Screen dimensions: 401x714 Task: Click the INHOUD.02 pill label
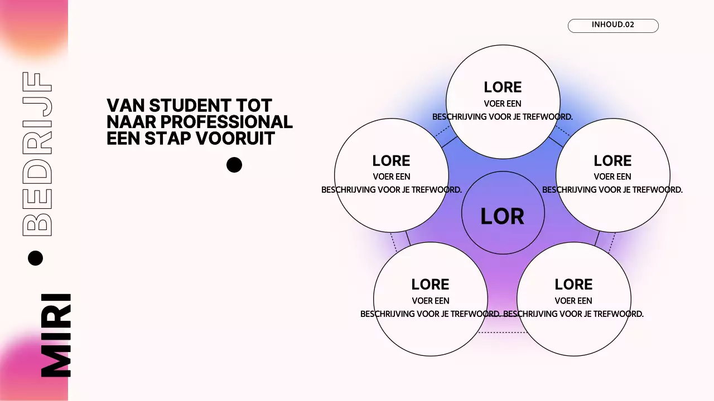613,25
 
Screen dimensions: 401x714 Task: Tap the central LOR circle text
502,216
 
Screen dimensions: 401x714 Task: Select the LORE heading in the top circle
503,87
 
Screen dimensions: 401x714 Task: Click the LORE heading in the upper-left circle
391,161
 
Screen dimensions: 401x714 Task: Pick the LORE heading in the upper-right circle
612,161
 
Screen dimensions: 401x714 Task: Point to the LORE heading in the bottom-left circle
430,285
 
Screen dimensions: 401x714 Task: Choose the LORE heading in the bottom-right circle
573,285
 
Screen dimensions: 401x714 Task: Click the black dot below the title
234,165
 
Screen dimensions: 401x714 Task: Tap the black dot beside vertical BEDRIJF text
35,258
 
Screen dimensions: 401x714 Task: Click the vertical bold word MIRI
56,335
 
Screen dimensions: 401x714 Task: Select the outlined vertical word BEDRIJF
37,153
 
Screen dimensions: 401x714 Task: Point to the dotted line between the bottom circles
502,332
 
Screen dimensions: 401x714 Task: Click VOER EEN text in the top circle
503,104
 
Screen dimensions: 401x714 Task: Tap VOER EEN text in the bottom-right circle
573,301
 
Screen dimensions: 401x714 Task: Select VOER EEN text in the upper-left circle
391,177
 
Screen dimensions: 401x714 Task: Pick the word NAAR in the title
127,121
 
